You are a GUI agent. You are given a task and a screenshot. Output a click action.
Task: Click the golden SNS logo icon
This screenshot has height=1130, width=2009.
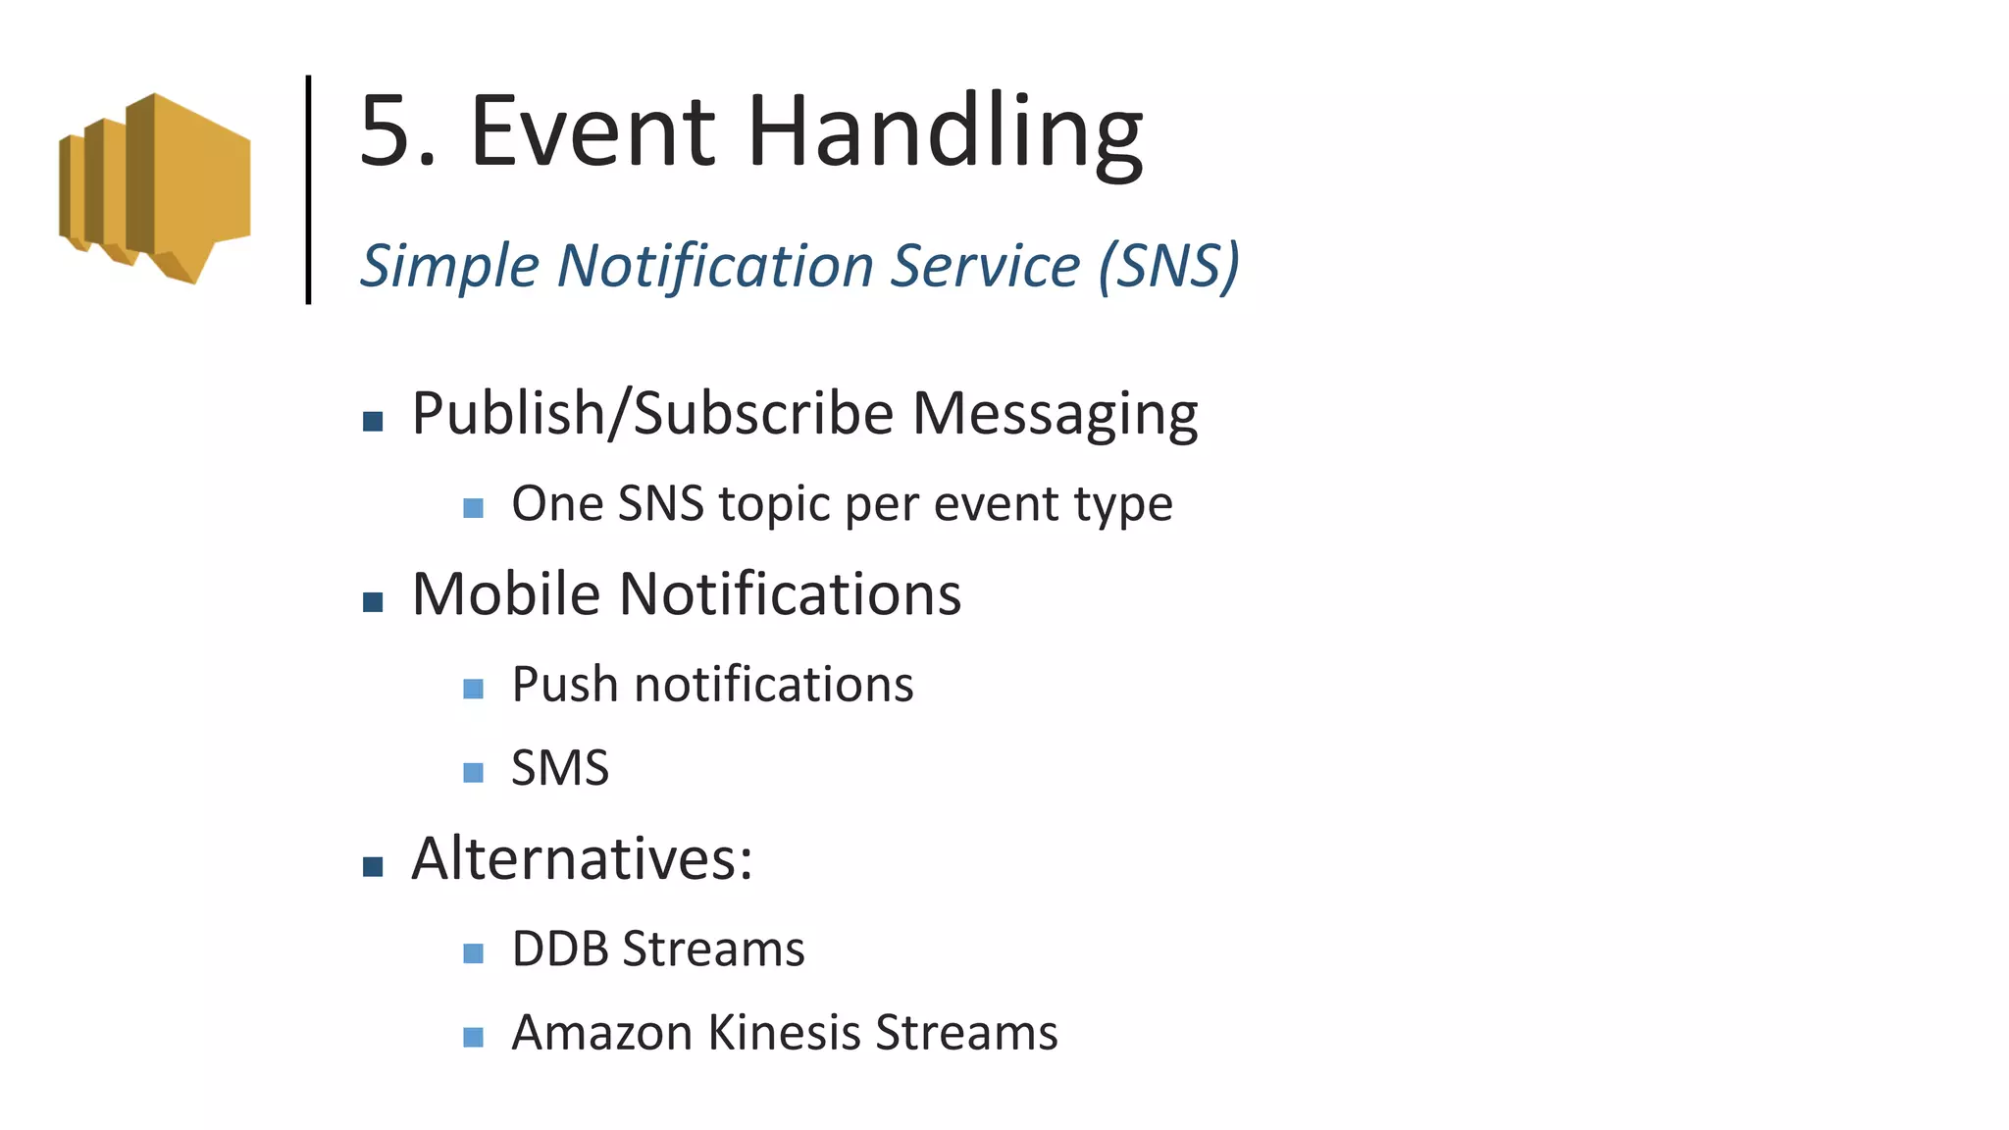click(x=155, y=188)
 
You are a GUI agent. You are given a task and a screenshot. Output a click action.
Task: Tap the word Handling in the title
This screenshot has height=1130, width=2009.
click(x=945, y=133)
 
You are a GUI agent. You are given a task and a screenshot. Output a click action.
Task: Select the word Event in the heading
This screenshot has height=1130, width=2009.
click(x=593, y=131)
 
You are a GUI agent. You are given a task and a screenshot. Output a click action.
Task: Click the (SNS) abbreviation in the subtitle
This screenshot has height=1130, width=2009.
click(x=1168, y=266)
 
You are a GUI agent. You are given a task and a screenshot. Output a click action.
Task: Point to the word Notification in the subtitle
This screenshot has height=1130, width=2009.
click(x=715, y=266)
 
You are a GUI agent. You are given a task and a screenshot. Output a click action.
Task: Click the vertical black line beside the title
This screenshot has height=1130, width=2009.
click(x=308, y=189)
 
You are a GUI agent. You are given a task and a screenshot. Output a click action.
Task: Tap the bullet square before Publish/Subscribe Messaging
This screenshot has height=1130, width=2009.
click(x=373, y=422)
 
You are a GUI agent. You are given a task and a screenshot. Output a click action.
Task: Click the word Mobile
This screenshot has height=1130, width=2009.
click(x=505, y=594)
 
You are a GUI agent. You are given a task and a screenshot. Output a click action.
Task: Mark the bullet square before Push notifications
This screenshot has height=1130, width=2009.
click(x=473, y=689)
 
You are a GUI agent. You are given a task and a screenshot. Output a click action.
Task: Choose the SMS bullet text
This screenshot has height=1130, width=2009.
click(x=560, y=768)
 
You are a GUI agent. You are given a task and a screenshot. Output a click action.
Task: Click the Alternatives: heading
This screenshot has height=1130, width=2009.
click(x=582, y=859)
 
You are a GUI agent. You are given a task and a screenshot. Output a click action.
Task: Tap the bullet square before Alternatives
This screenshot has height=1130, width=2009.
click(x=373, y=866)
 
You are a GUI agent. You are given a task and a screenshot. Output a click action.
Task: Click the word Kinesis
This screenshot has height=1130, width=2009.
click(x=784, y=1033)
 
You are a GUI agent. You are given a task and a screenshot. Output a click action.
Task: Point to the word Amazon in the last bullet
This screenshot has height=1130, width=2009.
click(x=602, y=1033)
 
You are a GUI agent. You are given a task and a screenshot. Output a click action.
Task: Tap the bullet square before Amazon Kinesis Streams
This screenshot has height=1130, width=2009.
click(x=473, y=1037)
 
